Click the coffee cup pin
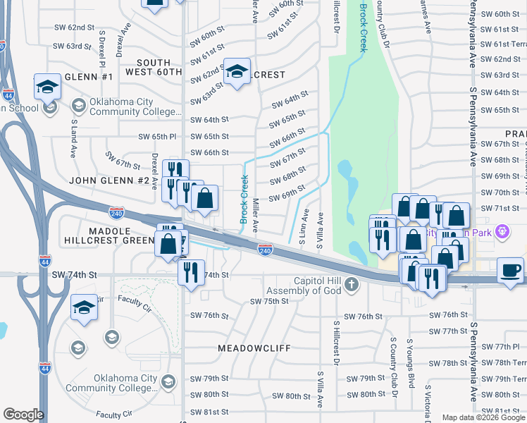click(511, 269)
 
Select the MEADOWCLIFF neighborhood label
click(254, 348)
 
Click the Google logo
click(24, 415)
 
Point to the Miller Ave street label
click(256, 215)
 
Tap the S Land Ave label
click(73, 137)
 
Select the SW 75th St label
click(270, 301)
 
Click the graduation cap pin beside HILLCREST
click(237, 71)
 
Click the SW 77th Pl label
click(502, 347)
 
